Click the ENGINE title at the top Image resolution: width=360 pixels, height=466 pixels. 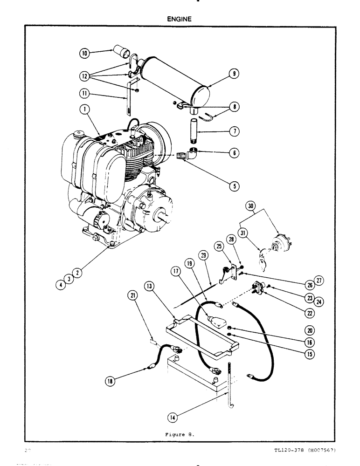click(180, 19)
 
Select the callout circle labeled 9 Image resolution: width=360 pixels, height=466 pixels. click(233, 73)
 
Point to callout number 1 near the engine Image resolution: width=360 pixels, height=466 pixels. click(85, 110)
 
